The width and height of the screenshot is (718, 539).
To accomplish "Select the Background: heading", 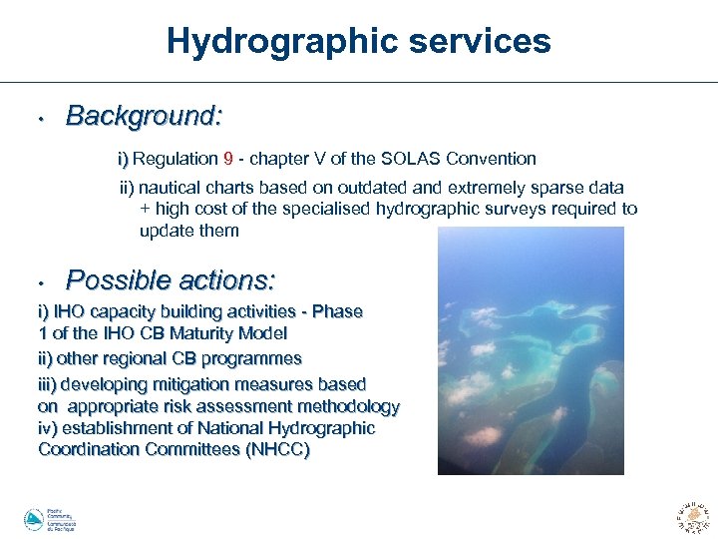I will [x=144, y=117].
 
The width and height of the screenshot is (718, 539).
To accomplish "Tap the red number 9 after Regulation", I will [x=228, y=159].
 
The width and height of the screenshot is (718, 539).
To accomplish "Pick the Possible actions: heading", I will [x=170, y=278].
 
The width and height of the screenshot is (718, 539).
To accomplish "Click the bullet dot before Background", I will [x=36, y=120].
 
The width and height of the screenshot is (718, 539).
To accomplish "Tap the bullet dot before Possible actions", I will [x=36, y=281].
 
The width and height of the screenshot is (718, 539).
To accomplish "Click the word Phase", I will [x=338, y=311].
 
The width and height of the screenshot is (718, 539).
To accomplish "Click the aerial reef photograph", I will [x=531, y=350].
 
